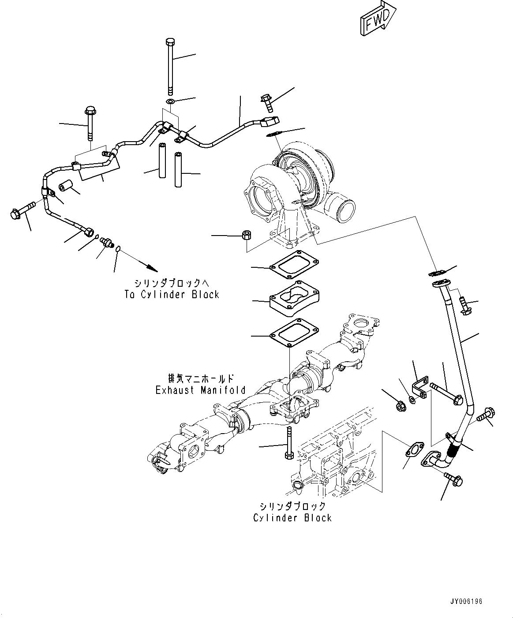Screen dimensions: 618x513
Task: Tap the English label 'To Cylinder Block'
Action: [172, 295]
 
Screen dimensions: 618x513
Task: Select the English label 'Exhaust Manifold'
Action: [200, 390]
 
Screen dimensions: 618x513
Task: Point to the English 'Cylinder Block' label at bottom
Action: [292, 517]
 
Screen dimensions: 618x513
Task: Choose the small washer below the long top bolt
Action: [171, 103]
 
